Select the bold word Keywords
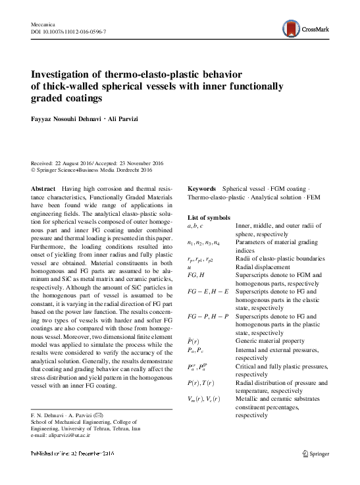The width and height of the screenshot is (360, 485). pos(202,188)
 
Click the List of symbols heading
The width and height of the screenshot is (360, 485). pos(209,217)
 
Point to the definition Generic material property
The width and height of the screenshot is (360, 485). pos(270,342)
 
